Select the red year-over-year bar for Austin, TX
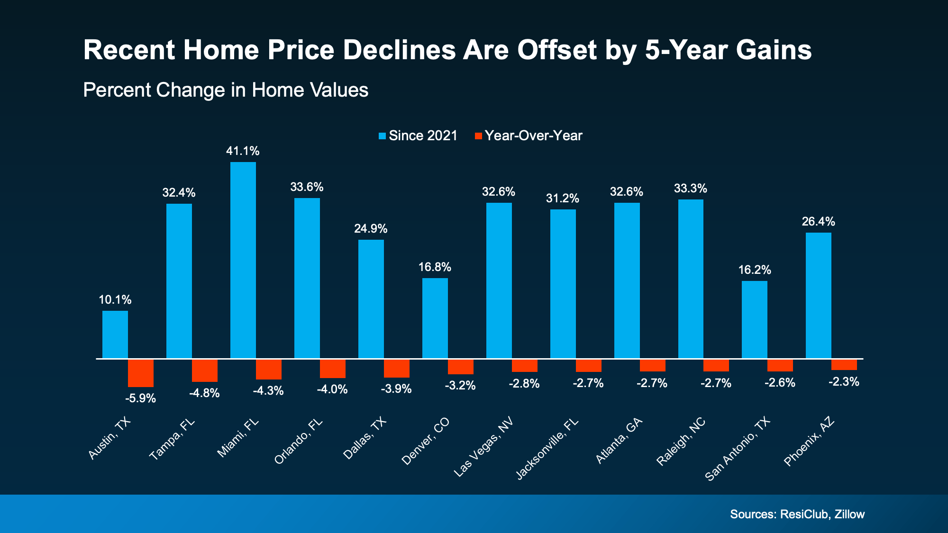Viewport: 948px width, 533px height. (141, 373)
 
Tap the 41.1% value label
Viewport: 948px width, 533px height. (243, 151)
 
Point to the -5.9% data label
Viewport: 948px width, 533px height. (141, 398)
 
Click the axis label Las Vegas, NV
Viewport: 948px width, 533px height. (483, 447)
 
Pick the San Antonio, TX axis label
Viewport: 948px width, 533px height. (738, 449)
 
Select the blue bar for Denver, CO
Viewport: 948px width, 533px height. (435, 318)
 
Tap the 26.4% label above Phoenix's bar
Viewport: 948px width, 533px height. (818, 221)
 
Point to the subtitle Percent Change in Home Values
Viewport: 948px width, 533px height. (226, 90)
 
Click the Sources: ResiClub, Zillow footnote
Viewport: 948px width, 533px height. (797, 514)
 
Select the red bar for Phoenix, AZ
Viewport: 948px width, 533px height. (844, 364)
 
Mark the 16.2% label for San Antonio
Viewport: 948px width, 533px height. (755, 270)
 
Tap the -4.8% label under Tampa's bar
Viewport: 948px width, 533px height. (204, 393)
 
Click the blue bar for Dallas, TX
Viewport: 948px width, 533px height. (371, 298)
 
